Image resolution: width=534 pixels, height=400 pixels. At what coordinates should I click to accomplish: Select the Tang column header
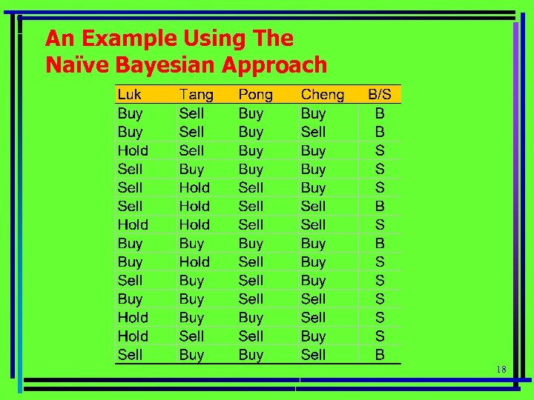(196, 95)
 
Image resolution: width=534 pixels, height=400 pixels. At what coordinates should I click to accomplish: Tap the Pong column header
(255, 95)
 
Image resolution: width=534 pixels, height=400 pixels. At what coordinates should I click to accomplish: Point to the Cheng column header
(323, 95)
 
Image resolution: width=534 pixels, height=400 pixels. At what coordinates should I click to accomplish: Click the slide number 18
(501, 369)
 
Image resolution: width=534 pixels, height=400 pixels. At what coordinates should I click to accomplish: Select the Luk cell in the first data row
(130, 113)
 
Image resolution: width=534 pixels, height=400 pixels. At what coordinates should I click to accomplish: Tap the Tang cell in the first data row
(191, 113)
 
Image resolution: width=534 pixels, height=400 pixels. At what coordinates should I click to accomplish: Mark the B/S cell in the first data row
(380, 113)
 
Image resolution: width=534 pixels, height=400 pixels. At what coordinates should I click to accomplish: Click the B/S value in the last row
(380, 355)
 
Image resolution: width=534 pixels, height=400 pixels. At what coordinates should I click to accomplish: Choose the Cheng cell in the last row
(313, 355)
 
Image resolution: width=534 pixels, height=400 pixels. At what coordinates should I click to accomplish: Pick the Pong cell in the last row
(251, 355)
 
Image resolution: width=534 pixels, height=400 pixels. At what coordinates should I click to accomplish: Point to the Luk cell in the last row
(130, 355)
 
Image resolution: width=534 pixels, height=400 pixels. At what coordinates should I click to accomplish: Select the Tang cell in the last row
(191, 355)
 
